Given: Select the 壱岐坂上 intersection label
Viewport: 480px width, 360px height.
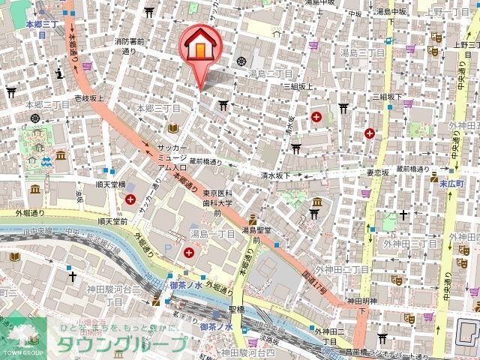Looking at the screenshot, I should [x=88, y=98].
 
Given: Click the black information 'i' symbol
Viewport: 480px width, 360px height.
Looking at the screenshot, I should [x=58, y=73].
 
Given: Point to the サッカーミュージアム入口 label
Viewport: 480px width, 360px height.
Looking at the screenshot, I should [x=172, y=158].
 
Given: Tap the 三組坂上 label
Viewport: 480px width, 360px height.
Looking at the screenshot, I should [x=298, y=86].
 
